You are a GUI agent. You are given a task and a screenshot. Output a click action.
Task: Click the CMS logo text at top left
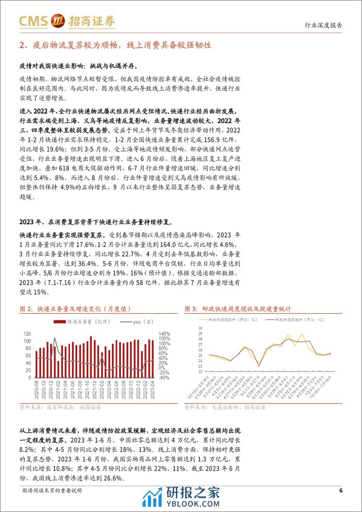[x=32, y=21]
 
